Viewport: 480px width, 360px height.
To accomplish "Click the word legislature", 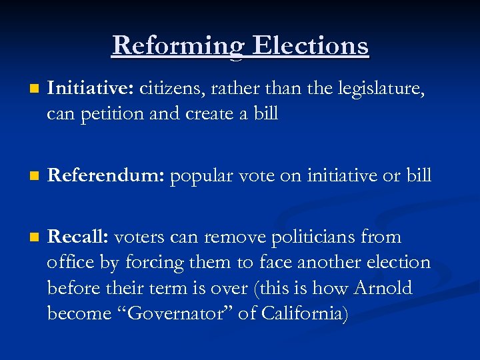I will pos(381,89).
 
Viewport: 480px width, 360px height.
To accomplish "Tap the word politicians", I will pos(315,237).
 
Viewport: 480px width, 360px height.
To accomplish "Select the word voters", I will pos(142,237).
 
